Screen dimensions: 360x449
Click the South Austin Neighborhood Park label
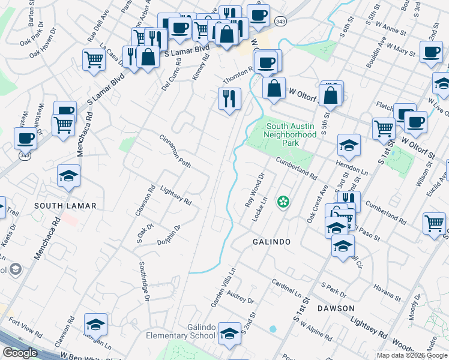pyautogui.click(x=291, y=130)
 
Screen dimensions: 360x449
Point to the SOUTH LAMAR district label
pyautogui.click(x=65, y=206)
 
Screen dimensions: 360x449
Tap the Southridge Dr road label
pyautogui.click(x=144, y=280)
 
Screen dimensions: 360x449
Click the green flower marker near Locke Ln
pyautogui.click(x=283, y=202)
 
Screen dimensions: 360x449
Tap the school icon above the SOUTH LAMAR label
pyautogui.click(x=69, y=175)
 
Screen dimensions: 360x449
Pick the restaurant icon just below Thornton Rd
pyautogui.click(x=229, y=98)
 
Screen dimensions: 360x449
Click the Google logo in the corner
pyautogui.click(x=20, y=353)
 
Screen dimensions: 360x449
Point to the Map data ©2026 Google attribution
pyautogui.click(x=412, y=355)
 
